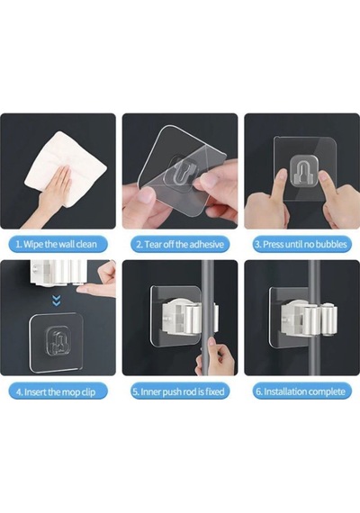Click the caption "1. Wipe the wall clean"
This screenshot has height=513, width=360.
click(57, 245)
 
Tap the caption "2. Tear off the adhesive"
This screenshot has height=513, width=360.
click(180, 245)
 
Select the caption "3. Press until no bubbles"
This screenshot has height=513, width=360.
click(301, 245)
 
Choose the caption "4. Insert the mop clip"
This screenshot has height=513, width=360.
click(56, 391)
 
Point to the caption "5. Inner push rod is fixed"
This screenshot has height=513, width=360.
click(179, 391)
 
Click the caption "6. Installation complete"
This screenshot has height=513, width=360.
click(301, 391)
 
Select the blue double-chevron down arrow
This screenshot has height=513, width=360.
click(57, 301)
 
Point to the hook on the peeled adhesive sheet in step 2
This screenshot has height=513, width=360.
click(181, 169)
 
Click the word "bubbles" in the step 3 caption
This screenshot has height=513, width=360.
click(331, 245)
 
